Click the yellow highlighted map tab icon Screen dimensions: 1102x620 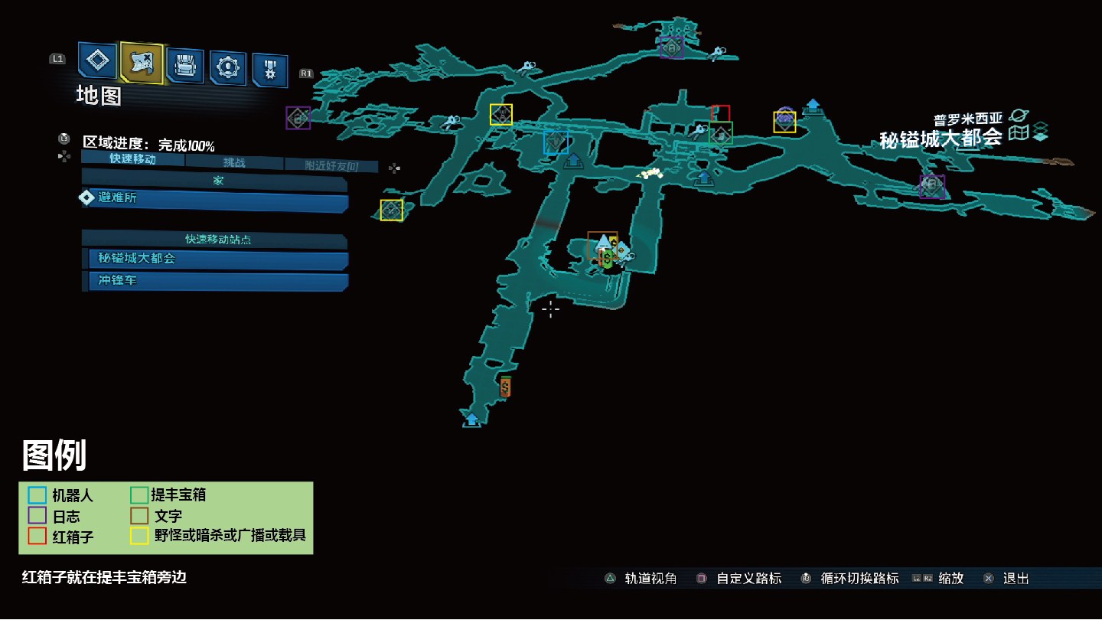coord(142,63)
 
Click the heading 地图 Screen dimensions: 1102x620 coord(99,96)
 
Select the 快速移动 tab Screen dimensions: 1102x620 coord(132,159)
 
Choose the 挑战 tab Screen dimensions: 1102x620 coord(234,162)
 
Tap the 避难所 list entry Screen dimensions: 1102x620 coord(214,197)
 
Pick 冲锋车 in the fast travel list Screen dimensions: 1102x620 coord(214,281)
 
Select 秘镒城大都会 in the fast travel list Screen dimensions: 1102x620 coord(214,259)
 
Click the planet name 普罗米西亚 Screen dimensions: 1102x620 coord(967,119)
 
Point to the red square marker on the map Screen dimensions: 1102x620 coord(720,113)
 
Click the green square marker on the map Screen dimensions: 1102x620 coord(720,133)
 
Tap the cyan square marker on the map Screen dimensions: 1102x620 coord(556,142)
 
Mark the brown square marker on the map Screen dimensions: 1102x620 coord(602,244)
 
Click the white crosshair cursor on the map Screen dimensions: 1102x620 coord(550,308)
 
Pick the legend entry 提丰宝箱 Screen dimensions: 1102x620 coord(168,495)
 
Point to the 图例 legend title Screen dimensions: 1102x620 coord(54,455)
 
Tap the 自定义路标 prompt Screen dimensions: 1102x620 coord(739,579)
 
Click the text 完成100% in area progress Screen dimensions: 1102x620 coord(186,144)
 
